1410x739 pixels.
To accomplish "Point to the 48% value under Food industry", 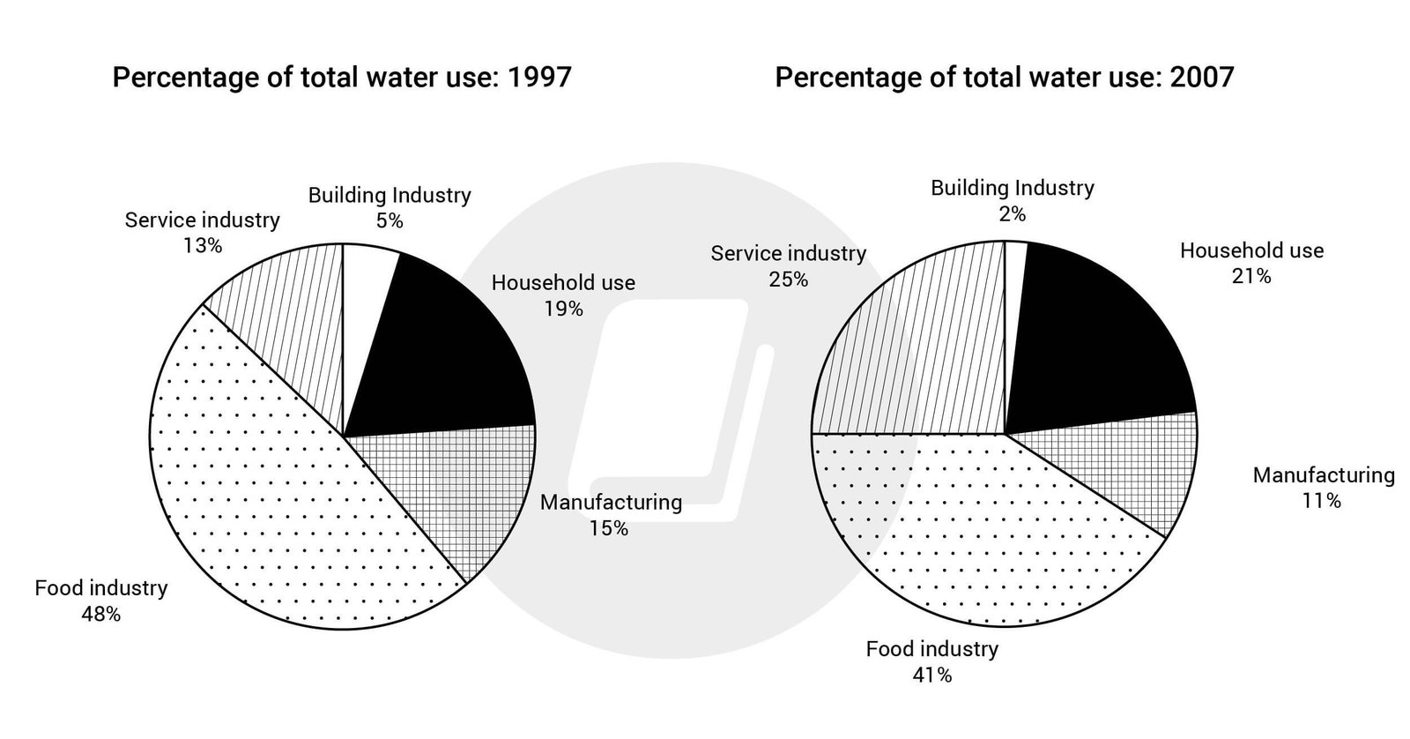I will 100,615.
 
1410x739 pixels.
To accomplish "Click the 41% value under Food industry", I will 931,676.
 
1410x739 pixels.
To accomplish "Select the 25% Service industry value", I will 788,280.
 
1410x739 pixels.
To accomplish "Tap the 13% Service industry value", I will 202,246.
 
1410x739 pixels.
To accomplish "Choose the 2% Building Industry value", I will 1012,214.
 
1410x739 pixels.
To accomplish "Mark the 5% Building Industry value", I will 389,221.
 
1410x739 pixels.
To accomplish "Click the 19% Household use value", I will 563,309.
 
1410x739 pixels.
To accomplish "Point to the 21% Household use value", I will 1251,277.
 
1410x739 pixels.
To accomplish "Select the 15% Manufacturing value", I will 610,528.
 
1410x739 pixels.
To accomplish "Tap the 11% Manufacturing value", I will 1323,501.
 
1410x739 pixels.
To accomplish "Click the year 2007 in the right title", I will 1201,78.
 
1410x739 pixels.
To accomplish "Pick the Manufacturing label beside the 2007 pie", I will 1324,475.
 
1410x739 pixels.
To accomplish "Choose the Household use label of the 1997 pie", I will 563,283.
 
